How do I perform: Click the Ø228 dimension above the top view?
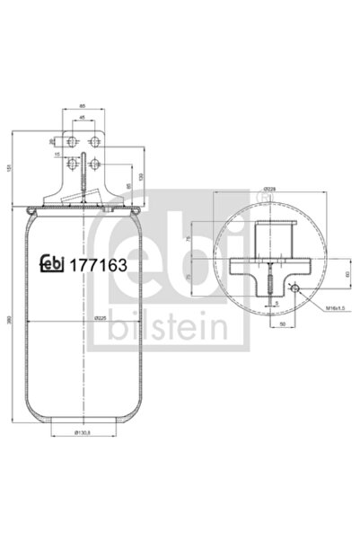tap(268, 190)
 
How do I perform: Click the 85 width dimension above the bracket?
tap(82, 104)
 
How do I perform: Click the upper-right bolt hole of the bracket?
tap(92, 141)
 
